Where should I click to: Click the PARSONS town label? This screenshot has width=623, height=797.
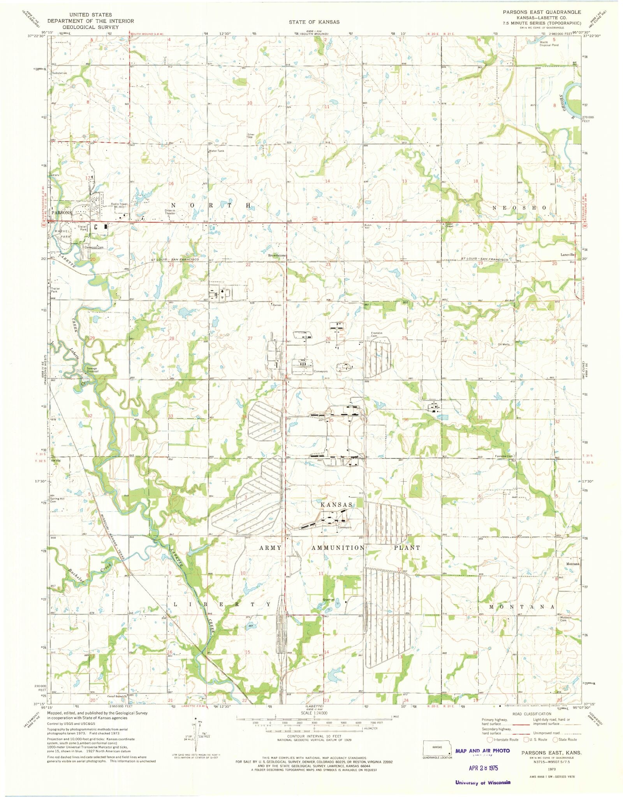point(61,213)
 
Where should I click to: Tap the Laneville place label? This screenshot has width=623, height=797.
point(567,255)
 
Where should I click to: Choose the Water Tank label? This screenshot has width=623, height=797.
point(216,151)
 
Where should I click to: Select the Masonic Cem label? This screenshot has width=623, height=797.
point(565,630)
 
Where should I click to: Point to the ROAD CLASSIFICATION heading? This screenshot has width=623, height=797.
point(531,714)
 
